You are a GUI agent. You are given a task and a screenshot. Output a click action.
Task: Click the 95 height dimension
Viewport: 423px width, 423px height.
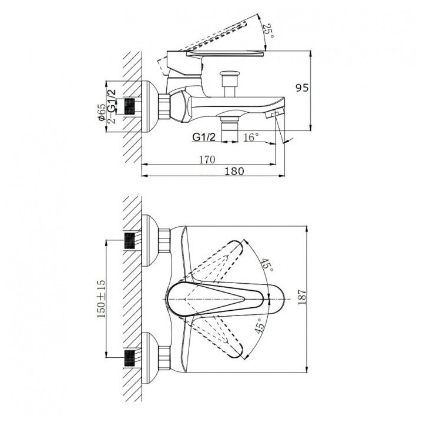tap(302, 88)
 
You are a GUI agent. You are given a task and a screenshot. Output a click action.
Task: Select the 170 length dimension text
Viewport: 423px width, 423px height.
tap(207, 160)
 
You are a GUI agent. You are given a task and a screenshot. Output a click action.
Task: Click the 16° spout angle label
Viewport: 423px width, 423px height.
tap(251, 137)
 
